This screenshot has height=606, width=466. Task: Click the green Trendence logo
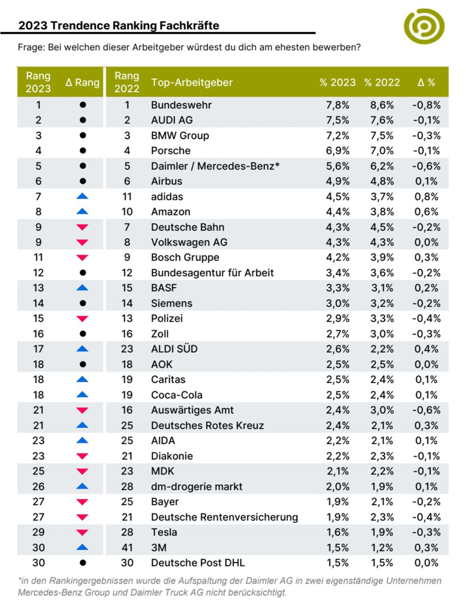tap(424, 26)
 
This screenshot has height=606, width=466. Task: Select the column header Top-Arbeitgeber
tap(192, 82)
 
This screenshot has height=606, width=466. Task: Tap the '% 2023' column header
tap(337, 82)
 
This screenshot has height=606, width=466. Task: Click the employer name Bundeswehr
tap(181, 105)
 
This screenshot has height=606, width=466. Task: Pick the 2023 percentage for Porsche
tap(337, 151)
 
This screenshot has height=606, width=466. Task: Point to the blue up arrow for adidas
tap(82, 196)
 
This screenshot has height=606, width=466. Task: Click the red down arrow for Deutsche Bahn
tap(82, 227)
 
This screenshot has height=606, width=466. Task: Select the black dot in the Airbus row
tap(82, 181)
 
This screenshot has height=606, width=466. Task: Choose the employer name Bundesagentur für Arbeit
tap(212, 272)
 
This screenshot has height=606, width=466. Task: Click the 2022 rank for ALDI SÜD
tap(126, 348)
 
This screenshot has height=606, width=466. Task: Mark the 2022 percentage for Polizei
tap(382, 318)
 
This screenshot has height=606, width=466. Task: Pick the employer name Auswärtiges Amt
tap(192, 410)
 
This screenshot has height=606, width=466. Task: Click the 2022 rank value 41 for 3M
tap(126, 547)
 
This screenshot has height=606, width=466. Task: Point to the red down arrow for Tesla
tap(82, 532)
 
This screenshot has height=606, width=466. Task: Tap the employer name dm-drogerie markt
tap(196, 486)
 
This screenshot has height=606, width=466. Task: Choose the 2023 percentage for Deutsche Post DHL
tap(337, 562)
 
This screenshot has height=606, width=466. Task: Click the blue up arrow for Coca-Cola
tap(82, 394)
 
